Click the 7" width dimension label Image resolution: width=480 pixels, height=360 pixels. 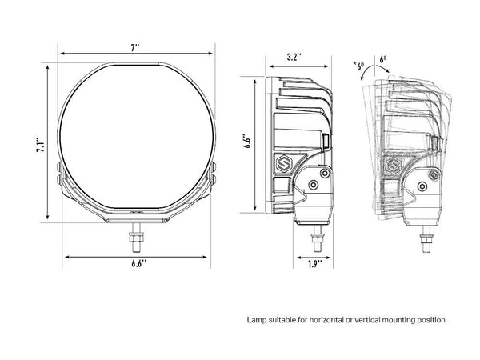tap(135, 48)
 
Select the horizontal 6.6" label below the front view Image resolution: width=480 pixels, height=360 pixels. tap(139, 263)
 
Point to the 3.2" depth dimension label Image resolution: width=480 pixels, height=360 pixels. tap(294, 58)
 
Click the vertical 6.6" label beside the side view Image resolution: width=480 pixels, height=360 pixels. tap(247, 141)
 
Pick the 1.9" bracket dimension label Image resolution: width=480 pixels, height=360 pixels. tap(314, 264)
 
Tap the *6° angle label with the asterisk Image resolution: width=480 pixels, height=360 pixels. tap(358, 66)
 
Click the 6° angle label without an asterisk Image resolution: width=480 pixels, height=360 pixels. tap(383, 59)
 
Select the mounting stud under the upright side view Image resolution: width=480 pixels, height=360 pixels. tap(317, 238)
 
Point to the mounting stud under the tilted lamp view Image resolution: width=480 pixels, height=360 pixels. tap(426, 239)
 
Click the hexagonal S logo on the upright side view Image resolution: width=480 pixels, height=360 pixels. tap(283, 164)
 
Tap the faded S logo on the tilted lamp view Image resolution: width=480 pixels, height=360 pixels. tap(393, 166)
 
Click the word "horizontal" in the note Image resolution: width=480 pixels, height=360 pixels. tap(326, 320)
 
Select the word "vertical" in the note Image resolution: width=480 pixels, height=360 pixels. tap(366, 320)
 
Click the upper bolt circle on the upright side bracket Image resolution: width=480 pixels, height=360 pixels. tap(325, 174)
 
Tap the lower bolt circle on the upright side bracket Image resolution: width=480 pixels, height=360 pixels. tap(313, 185)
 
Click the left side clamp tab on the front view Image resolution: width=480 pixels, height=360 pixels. tap(60, 174)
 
